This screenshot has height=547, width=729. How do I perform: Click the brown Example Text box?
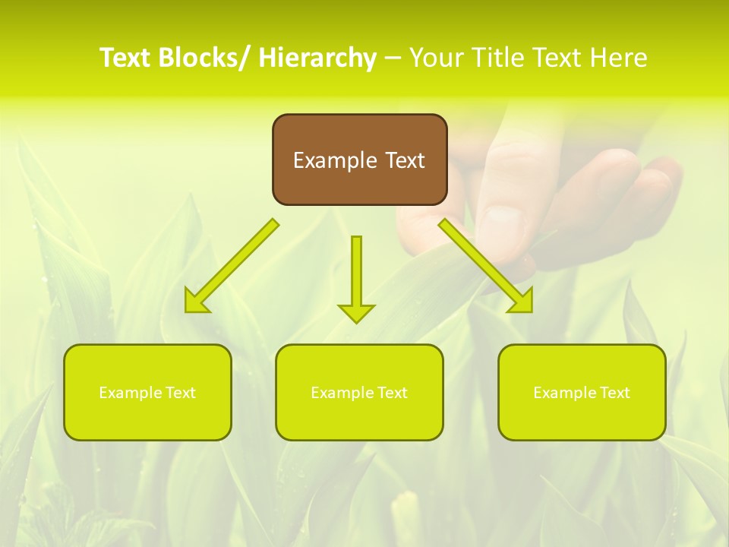point(359,160)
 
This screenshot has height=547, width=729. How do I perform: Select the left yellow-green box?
point(147,392)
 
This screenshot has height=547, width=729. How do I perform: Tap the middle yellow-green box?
point(359,392)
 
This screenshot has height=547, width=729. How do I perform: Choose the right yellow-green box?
point(582,392)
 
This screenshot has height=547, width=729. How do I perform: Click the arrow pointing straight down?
point(356,277)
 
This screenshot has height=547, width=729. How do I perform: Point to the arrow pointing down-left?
point(232,266)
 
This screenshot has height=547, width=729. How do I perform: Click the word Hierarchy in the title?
point(317,58)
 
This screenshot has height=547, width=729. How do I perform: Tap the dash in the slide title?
point(393,58)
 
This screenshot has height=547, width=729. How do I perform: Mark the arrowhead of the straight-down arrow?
point(356,312)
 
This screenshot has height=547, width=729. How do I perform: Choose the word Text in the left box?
point(181,393)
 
